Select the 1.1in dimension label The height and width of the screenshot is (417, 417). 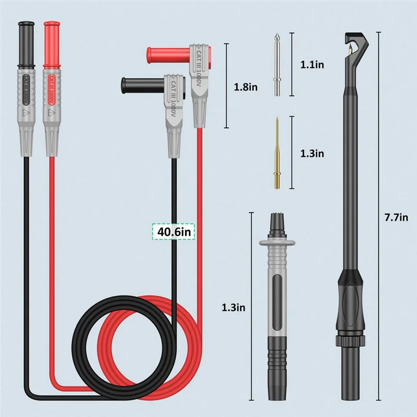click(312, 65)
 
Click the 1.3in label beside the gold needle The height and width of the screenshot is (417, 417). click(312, 153)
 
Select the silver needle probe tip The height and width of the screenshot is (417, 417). click(277, 65)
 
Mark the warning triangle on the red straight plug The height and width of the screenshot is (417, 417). click(51, 112)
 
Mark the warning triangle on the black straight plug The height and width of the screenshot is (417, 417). click(26, 112)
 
